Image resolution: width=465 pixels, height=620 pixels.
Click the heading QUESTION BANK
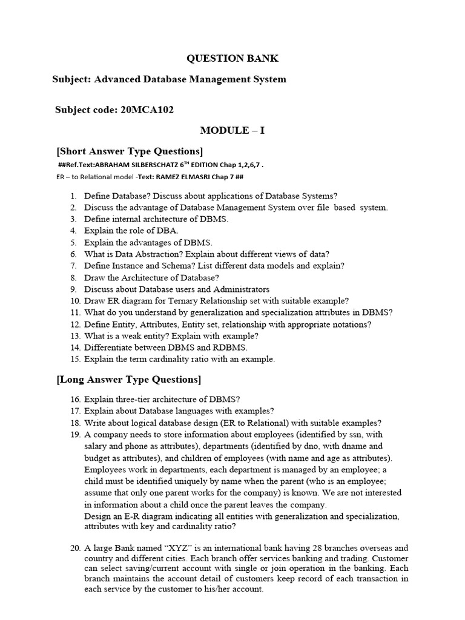[232, 59]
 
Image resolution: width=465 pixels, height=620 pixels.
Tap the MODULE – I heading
[232, 131]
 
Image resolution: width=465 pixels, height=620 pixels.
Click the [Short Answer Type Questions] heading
[130, 151]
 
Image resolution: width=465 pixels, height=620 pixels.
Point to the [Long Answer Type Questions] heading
[128, 380]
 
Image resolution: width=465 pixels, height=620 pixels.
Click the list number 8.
[73, 278]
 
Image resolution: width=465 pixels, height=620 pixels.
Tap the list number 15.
[74, 359]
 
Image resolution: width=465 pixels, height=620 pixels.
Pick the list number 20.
[74, 548]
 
